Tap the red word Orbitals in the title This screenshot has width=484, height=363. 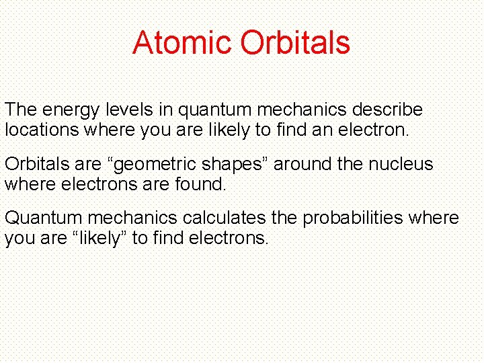click(295, 42)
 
